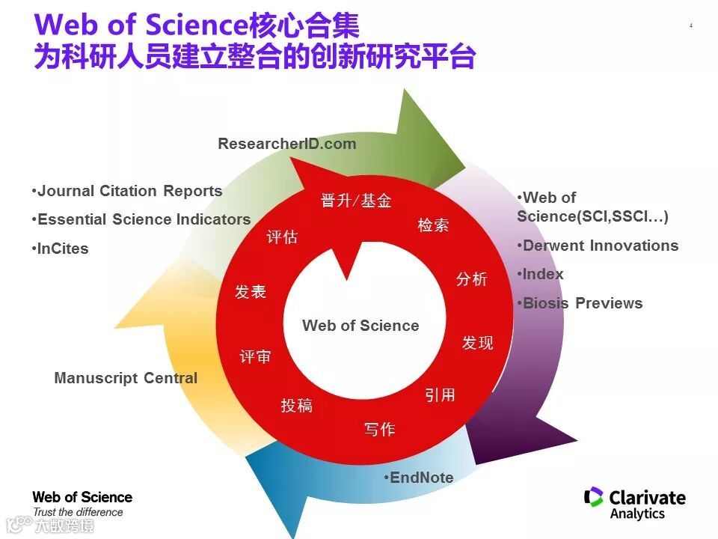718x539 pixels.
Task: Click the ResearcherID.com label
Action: pos(286,144)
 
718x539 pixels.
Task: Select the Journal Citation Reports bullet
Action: pos(127,191)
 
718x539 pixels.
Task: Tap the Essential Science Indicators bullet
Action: pos(141,219)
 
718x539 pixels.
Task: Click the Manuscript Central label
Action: pos(126,378)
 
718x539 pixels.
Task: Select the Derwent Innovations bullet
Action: pos(598,246)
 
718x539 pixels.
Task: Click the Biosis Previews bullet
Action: pos(580,303)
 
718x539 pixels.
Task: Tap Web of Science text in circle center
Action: pos(360,326)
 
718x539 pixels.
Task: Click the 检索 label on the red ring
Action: pos(433,225)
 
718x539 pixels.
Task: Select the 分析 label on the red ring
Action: pos(472,279)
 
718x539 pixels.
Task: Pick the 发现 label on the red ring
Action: pos(477,343)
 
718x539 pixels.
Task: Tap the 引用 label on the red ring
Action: pos(440,395)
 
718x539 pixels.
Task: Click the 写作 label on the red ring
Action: pos(379,429)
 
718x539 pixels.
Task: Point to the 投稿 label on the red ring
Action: pos(296,406)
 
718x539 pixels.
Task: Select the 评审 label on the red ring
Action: pos(255,357)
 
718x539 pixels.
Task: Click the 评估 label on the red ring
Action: pos(282,237)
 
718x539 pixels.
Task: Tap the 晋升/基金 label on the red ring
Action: pos(356,201)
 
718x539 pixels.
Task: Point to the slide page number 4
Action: pos(690,26)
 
